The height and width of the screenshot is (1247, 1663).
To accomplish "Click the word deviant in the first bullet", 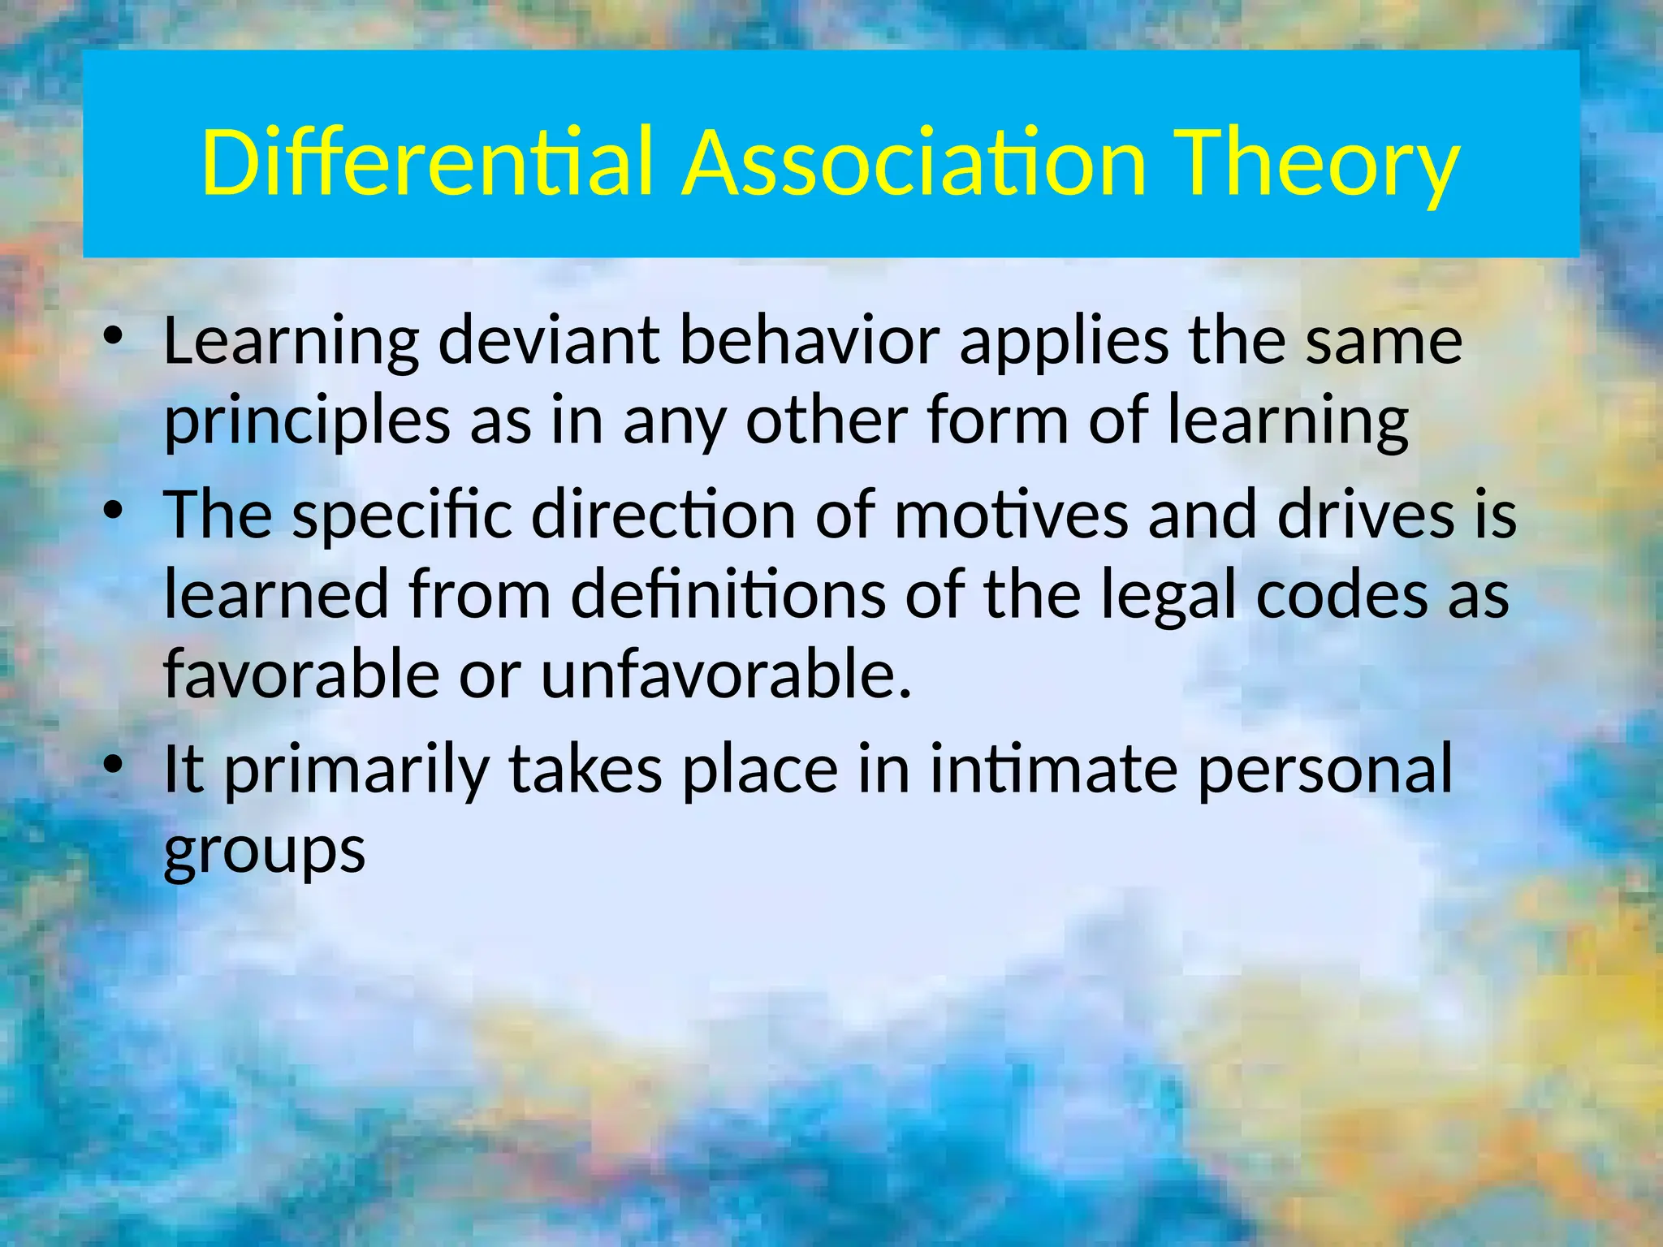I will (x=548, y=341).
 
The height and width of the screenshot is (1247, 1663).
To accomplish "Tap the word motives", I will (x=1011, y=516).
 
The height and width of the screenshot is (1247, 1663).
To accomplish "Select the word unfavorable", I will (x=726, y=675).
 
